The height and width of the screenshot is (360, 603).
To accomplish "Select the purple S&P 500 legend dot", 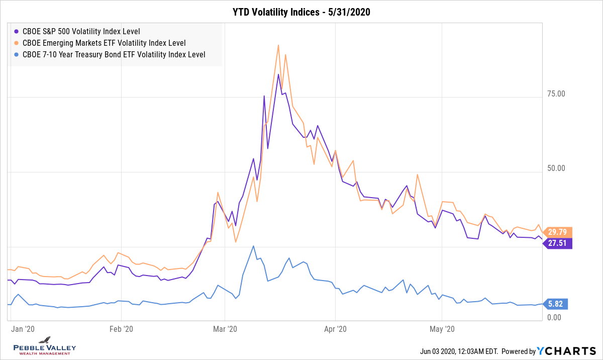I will point(17,31).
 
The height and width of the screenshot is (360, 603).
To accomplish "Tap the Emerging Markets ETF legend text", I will point(104,43).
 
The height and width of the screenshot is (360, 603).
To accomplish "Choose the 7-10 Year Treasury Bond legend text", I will point(114,55).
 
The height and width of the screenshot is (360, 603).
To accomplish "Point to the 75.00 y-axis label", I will point(556,94).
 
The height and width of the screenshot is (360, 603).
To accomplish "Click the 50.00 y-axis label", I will point(556,168).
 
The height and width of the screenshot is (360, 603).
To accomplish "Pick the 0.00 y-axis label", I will point(554,318).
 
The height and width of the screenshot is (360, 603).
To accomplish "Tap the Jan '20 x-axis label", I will point(23,329).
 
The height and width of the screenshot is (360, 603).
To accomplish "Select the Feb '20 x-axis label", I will point(122,329).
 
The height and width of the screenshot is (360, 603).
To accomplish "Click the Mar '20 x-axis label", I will point(225,329).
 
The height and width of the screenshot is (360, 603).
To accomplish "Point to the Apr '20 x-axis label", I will point(335,329).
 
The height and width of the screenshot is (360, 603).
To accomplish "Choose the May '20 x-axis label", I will point(442,329).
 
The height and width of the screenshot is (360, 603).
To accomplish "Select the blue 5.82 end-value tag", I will point(557,304).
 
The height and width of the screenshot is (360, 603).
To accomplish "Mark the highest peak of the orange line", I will point(278,45).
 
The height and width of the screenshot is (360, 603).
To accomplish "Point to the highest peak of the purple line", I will point(278,74).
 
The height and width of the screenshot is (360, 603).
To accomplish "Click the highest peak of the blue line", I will point(254,246).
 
